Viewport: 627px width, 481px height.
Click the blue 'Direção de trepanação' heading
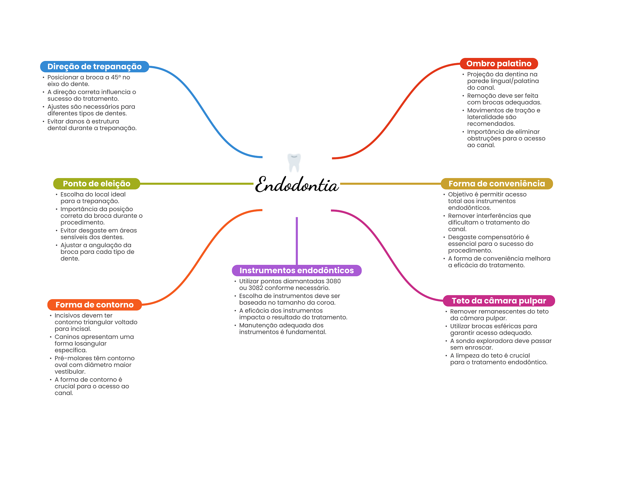94,67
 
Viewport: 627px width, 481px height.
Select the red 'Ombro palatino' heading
499,63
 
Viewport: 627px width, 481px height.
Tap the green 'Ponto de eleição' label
96,184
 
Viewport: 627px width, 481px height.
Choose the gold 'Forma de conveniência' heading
497,184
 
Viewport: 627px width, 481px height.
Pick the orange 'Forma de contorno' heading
94,305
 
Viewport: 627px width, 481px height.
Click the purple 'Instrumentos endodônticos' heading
296,270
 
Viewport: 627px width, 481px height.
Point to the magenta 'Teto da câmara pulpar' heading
499,301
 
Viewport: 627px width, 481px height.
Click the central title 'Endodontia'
296,185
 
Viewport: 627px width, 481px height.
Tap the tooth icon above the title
294,162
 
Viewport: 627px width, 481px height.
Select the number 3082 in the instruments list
256,288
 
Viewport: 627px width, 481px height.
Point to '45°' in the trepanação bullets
116,77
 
